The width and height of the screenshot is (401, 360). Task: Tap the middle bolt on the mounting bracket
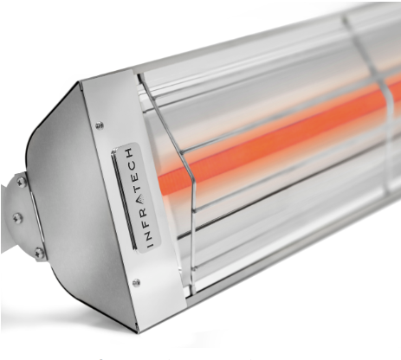click(x=17, y=217)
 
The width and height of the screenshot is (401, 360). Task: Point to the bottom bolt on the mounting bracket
click(x=38, y=252)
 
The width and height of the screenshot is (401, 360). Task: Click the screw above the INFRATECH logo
click(x=100, y=125)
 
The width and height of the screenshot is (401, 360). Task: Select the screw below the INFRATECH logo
click(x=136, y=281)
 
